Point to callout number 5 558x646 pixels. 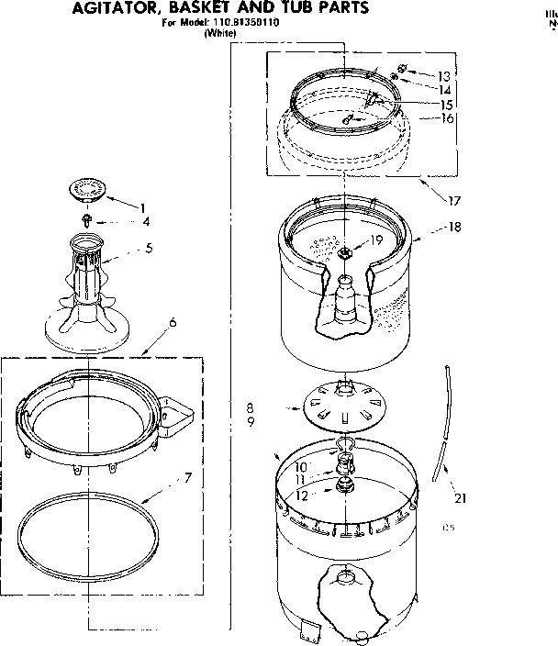[150, 249]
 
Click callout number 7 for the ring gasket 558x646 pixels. [186, 477]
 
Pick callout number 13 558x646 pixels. [444, 76]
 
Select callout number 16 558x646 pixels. [447, 118]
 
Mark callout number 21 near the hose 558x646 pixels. [459, 498]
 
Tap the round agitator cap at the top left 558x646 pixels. [87, 189]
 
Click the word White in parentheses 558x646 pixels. [220, 33]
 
